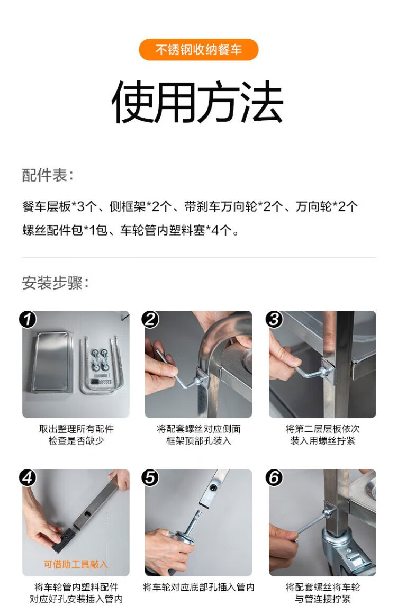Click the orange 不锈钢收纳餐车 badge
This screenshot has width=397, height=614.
click(198, 50)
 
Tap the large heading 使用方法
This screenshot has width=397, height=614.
click(198, 103)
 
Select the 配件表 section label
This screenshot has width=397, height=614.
click(47, 175)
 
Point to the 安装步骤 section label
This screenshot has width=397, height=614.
click(55, 283)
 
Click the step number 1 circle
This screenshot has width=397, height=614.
click(28, 319)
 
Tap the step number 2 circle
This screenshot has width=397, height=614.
click(150, 319)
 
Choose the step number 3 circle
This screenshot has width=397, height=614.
click(274, 319)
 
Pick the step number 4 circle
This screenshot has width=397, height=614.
click(28, 478)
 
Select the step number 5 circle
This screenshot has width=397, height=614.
click(150, 478)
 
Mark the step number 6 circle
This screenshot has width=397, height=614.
click(274, 478)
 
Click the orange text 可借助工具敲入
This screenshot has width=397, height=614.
click(76, 564)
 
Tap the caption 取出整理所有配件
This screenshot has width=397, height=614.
click(76, 429)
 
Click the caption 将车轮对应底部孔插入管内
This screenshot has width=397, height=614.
click(198, 587)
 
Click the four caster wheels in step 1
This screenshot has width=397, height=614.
click(100, 360)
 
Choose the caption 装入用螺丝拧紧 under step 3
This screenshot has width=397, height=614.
click(322, 440)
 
